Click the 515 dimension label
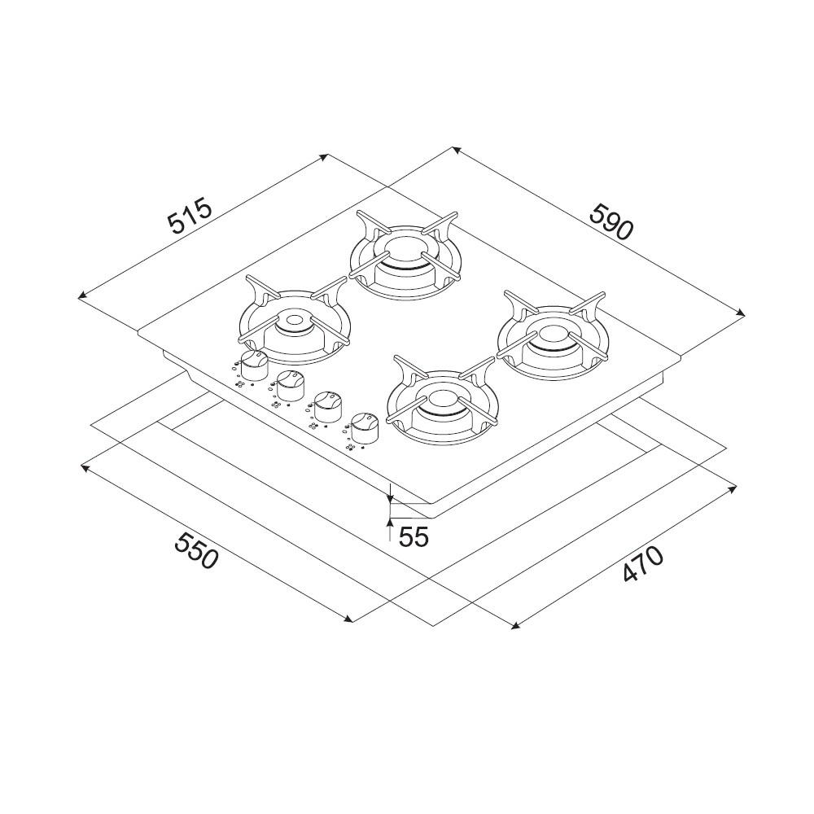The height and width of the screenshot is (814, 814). point(190,215)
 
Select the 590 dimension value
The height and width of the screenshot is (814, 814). point(613,223)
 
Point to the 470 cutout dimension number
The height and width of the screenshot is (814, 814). point(643,563)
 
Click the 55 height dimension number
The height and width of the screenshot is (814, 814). point(414,536)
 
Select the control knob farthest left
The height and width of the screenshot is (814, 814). point(254,364)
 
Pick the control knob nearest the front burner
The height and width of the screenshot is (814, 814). point(365,428)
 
